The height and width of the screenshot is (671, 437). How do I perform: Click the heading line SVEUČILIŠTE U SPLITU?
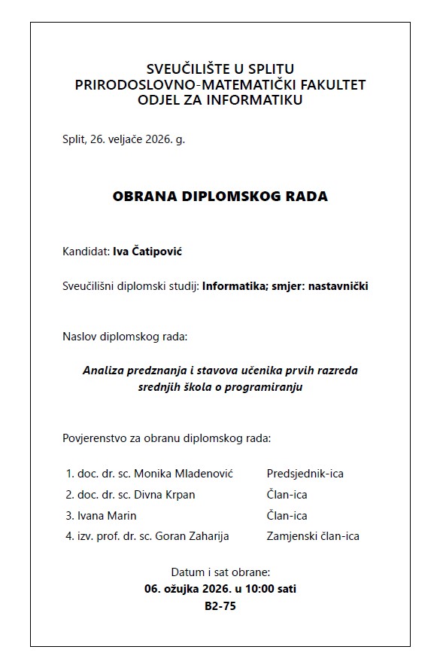coord(220,70)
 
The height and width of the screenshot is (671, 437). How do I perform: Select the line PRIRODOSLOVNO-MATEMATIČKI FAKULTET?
coord(220,85)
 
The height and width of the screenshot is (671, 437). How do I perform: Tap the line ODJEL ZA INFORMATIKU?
coord(220,100)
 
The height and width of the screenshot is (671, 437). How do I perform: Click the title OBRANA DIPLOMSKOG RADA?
coord(220,197)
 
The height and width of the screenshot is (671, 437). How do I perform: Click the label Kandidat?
coord(86,251)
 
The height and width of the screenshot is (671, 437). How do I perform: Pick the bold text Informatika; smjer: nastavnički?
coord(285,286)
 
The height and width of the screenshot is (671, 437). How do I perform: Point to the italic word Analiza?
coord(103,371)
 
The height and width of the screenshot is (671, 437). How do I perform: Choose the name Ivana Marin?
coord(107,516)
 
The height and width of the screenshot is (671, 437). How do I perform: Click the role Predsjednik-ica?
coord(305,474)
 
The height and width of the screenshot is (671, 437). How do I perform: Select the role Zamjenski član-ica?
coord(313,537)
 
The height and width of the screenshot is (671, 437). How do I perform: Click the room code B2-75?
coord(220,605)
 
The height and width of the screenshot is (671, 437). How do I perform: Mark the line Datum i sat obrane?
coord(220,572)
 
